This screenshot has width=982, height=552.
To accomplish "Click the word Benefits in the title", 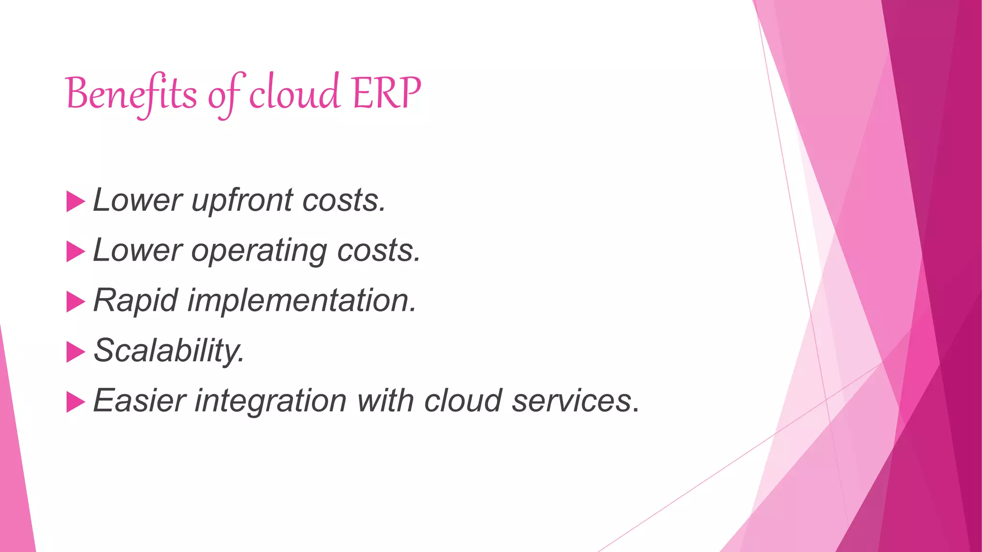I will pyautogui.click(x=131, y=93).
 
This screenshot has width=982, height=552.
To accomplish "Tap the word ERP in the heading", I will pyautogui.click(x=386, y=92).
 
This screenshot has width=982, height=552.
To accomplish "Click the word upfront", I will pyautogui.click(x=242, y=200).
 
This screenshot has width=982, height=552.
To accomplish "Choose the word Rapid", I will pyautogui.click(x=136, y=300).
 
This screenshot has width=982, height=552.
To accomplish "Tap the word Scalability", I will pyautogui.click(x=169, y=351).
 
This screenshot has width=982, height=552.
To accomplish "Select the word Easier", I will pyautogui.click(x=139, y=401).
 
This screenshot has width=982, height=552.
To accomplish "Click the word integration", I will pyautogui.click(x=270, y=401).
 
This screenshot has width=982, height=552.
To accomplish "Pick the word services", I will pyautogui.click(x=572, y=401).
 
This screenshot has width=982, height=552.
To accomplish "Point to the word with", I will pyautogui.click(x=386, y=401).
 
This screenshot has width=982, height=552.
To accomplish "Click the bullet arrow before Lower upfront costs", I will pyautogui.click(x=75, y=202).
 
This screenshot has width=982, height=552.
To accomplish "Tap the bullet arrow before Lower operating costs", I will pyautogui.click(x=75, y=252).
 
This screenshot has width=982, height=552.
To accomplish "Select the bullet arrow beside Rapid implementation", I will pyautogui.click(x=75, y=301).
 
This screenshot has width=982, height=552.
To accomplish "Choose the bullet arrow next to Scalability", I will pyautogui.click(x=75, y=352).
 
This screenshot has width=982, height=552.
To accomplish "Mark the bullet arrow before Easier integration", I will pyautogui.click(x=75, y=402).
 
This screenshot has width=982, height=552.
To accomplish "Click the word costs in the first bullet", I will pyautogui.click(x=343, y=200).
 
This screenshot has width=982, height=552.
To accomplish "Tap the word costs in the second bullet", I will pyautogui.click(x=378, y=251).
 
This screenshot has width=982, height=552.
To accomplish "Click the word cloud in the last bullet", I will pyautogui.click(x=463, y=401).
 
